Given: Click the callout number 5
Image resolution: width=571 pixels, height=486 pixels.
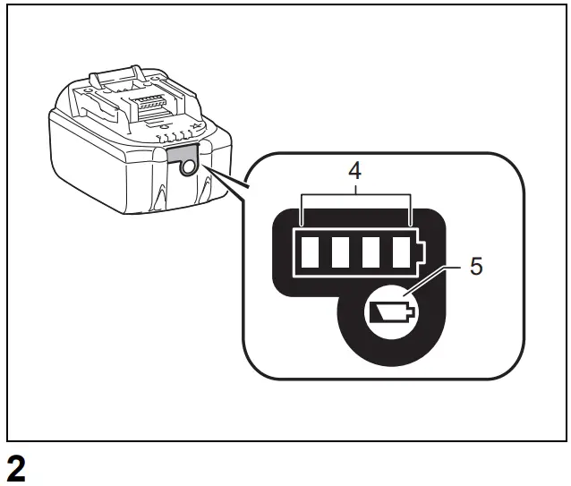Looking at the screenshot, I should pyautogui.click(x=475, y=267).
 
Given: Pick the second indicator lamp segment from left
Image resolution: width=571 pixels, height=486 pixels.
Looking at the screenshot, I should pyautogui.click(x=340, y=253).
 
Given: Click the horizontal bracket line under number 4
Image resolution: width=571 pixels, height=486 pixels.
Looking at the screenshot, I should pyautogui.click(x=356, y=194).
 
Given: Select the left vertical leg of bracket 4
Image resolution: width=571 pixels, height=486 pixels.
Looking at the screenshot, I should pyautogui.click(x=303, y=209).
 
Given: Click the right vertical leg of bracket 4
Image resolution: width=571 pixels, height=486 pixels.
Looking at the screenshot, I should pyautogui.click(x=411, y=209).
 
